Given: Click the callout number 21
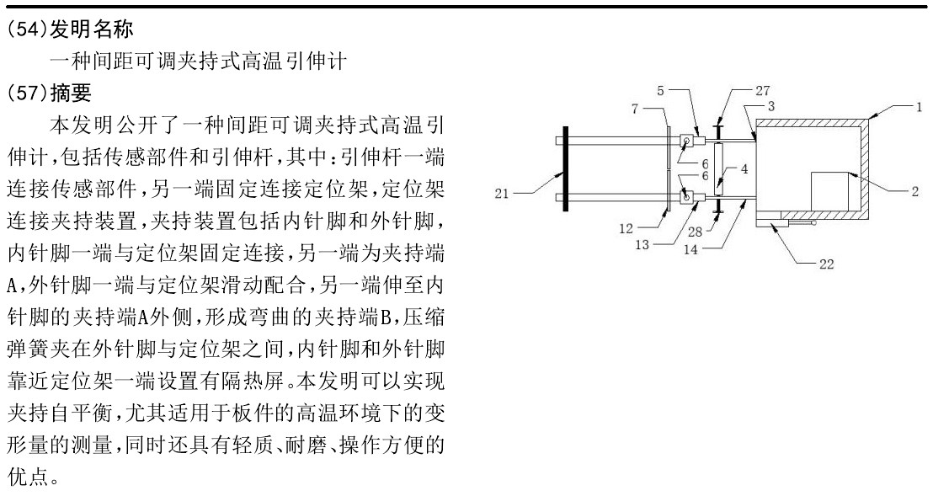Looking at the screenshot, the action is (x=502, y=194).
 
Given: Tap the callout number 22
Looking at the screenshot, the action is (x=827, y=264).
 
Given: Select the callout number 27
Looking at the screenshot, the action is (x=763, y=90).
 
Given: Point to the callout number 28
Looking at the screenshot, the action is (x=695, y=232).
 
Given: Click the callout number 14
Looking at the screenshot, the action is (x=690, y=250).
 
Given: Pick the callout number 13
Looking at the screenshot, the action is (x=642, y=244).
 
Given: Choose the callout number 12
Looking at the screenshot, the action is (x=626, y=228).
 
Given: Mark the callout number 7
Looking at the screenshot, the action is (x=635, y=109).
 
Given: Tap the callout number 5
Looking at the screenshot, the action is (x=660, y=90).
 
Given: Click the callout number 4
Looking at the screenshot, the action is (x=744, y=169).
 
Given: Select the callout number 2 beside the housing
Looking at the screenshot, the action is (x=915, y=191).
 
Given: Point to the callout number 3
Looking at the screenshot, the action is (x=771, y=106).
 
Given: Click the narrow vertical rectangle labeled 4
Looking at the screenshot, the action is (x=719, y=169).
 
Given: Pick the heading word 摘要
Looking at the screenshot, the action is (x=72, y=92).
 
